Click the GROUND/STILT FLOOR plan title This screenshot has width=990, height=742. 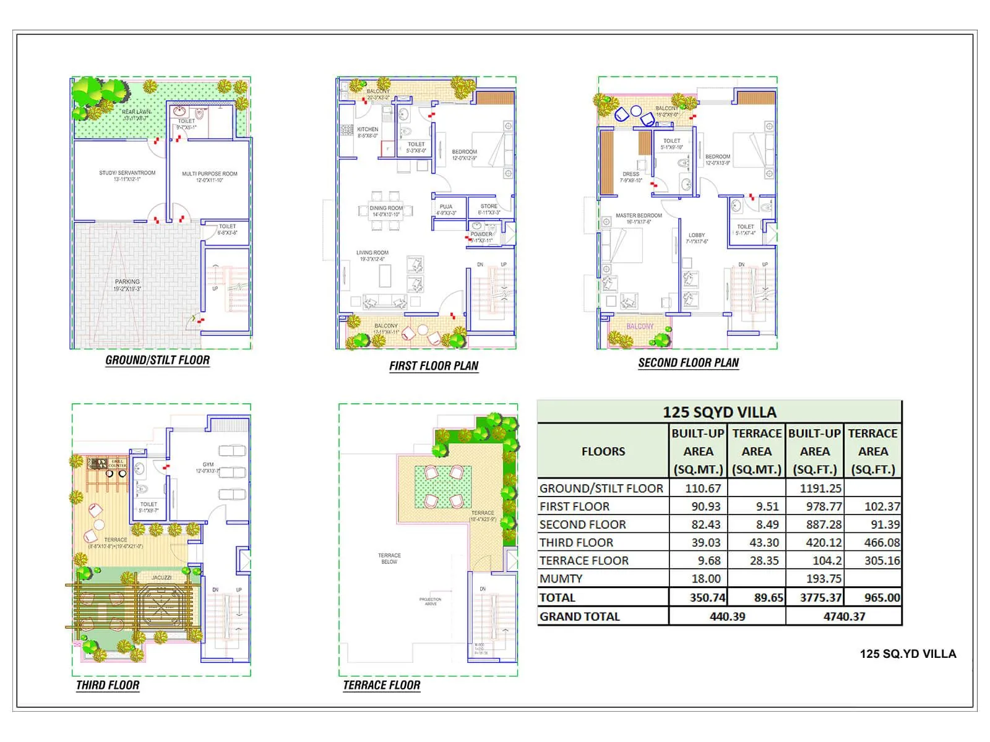[157, 360]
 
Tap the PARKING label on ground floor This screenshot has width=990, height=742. [127, 282]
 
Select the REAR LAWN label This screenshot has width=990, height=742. [136, 112]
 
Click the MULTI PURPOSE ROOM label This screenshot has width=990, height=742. [209, 174]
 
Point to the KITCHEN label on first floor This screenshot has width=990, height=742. [368, 129]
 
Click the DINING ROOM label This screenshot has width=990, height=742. [385, 208]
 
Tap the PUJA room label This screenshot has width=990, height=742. [445, 207]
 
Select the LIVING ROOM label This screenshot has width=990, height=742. [372, 252]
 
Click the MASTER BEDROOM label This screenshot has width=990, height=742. [639, 216]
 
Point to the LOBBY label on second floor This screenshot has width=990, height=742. [697, 235]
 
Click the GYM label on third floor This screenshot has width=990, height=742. [208, 464]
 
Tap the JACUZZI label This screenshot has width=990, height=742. [161, 578]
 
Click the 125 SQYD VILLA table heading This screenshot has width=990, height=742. [719, 412]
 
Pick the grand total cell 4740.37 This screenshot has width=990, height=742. [843, 616]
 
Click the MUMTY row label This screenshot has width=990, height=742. [561, 579]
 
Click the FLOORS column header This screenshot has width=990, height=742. [603, 451]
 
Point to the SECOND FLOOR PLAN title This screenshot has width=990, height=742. [688, 363]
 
